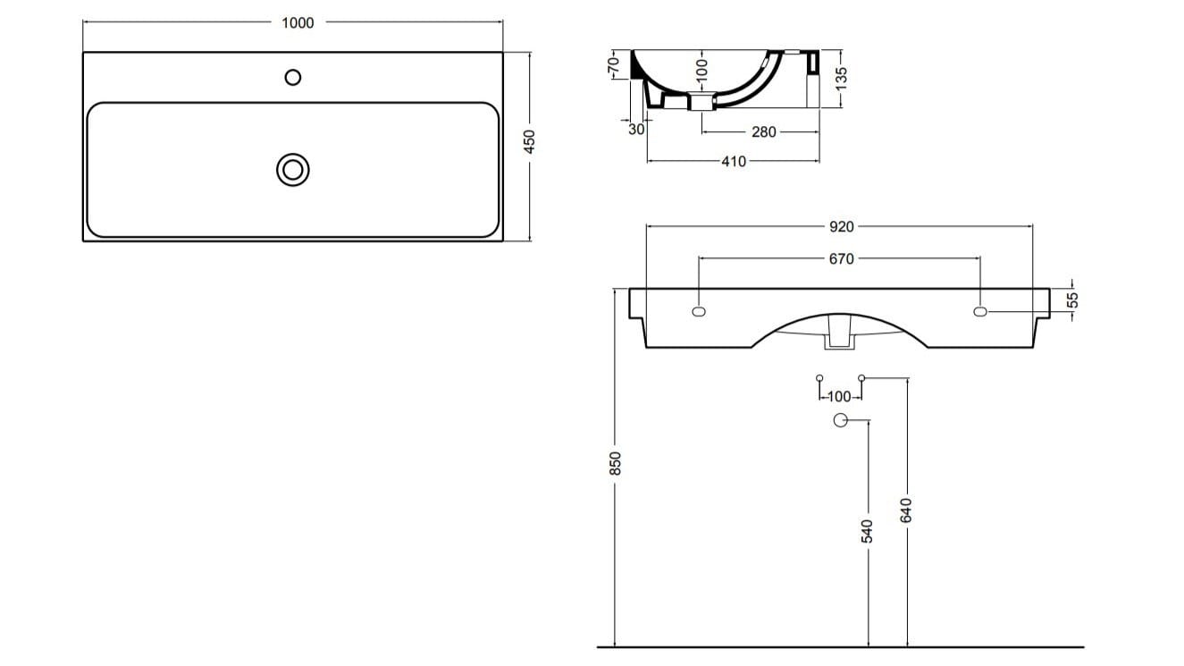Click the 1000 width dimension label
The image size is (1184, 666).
[298, 23]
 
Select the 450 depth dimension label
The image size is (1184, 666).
[529, 141]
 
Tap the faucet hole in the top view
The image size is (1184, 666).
[293, 78]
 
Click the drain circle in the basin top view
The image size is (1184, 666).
[293, 169]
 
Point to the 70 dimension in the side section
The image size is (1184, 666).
[613, 65]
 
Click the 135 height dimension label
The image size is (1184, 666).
[841, 78]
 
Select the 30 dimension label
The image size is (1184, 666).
[637, 129]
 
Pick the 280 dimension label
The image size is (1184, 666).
[763, 132]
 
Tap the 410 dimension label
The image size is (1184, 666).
[733, 162]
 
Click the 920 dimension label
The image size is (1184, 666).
[841, 227]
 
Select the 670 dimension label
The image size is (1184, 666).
[841, 259]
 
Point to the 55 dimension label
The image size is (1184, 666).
[1074, 300]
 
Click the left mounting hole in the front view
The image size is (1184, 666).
[699, 312]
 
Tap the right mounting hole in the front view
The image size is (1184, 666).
[980, 312]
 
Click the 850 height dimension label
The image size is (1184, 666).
[615, 463]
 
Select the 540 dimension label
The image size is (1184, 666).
[867, 530]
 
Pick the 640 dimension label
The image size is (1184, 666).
[907, 510]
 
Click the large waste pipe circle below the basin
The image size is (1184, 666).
[841, 421]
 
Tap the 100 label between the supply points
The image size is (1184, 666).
[840, 396]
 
